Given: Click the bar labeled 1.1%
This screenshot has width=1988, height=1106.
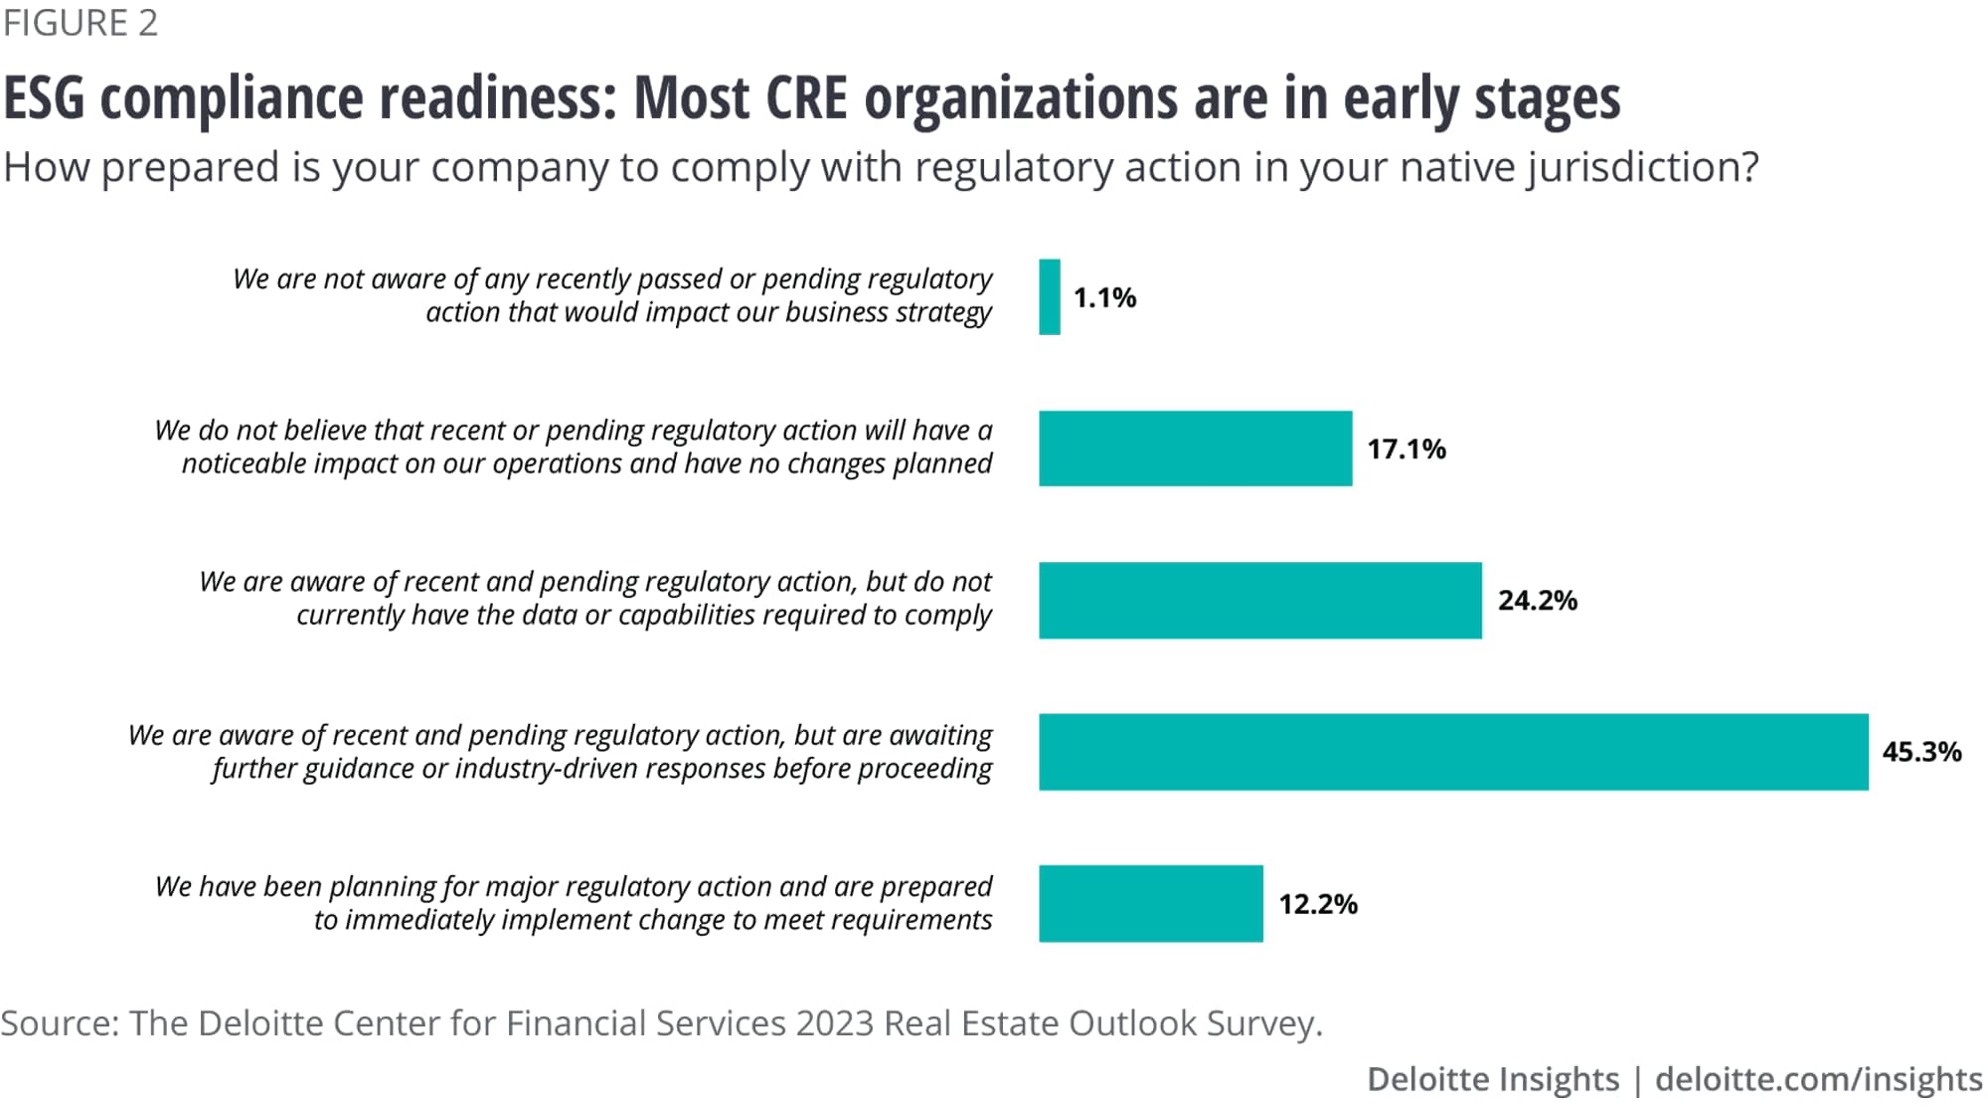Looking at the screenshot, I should click(1050, 297).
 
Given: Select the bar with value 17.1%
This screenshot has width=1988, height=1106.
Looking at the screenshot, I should click(1195, 449).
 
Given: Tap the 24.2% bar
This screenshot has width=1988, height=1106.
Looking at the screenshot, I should click(1259, 601).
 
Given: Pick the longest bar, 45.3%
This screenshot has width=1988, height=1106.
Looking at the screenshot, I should click(1453, 752).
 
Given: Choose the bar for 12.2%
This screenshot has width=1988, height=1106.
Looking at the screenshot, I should click(1150, 903).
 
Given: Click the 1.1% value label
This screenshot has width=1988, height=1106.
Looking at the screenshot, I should click(1104, 297).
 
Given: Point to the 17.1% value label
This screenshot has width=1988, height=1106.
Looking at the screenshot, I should click(1406, 450).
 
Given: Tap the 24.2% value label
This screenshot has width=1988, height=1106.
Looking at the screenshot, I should click(1537, 601).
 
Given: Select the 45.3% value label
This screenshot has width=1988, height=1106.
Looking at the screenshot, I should click(1921, 752).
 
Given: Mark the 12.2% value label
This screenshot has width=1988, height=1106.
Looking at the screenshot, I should click(1317, 904).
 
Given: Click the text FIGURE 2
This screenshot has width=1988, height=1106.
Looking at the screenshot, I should click(80, 23).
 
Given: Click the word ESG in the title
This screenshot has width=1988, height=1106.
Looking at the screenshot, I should click(44, 98).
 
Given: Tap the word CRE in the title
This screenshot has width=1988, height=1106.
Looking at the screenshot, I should click(805, 98).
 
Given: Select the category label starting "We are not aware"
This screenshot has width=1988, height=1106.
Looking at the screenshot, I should click(611, 295).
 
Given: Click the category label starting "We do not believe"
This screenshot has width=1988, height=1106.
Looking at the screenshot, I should click(574, 447).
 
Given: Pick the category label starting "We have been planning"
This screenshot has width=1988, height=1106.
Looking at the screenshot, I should click(574, 902).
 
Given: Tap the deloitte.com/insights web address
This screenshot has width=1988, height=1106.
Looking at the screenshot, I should click(1818, 1079).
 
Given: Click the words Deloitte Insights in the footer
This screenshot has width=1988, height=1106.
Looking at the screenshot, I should click(1492, 1079).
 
